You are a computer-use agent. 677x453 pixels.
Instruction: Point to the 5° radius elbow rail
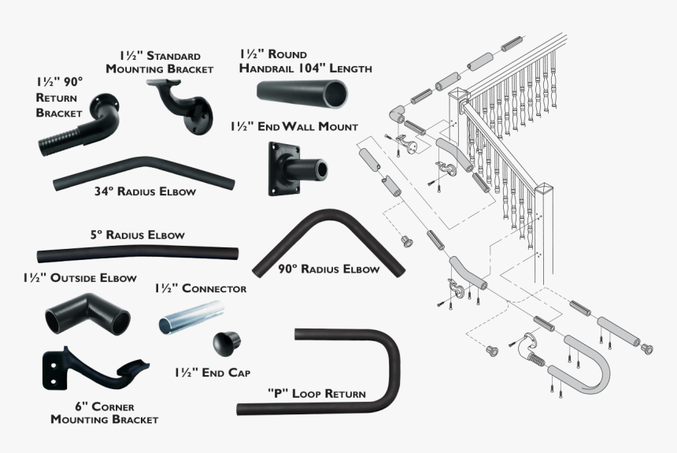(x=137, y=255)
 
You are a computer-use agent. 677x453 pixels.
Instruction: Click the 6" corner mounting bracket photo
(x=94, y=370)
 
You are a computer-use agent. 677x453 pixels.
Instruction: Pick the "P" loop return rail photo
(x=346, y=370)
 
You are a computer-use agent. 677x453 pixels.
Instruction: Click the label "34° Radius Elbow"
(x=145, y=191)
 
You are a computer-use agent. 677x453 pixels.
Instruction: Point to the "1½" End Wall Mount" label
(x=294, y=126)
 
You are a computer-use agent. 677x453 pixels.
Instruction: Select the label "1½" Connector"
(x=200, y=288)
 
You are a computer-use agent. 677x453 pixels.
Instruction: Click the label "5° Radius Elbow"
(x=137, y=235)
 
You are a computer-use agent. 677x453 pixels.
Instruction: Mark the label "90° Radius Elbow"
(x=328, y=269)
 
